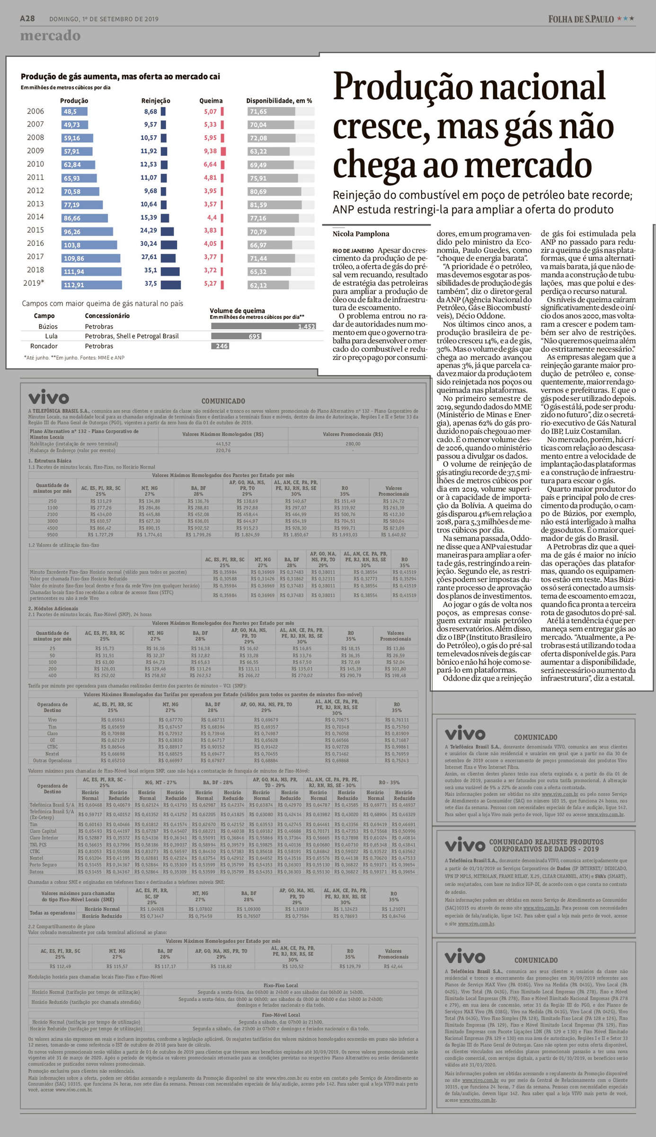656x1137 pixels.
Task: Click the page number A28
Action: (x=27, y=18)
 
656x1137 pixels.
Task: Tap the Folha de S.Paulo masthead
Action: (x=581, y=19)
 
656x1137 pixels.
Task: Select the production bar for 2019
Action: (x=92, y=285)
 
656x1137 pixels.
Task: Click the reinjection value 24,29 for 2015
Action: (x=149, y=230)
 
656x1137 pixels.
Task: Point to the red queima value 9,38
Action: (x=210, y=151)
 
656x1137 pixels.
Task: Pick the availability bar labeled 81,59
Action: (x=275, y=205)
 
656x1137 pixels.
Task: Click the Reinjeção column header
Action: (x=156, y=101)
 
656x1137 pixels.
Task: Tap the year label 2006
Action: (x=35, y=111)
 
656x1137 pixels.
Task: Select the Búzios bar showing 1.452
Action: (x=263, y=326)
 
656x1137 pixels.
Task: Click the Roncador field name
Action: (x=44, y=346)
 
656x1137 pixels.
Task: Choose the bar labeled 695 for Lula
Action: (x=236, y=336)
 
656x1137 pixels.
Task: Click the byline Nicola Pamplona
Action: (x=361, y=234)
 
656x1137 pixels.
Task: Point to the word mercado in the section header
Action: (x=50, y=36)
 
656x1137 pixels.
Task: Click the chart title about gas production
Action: (x=120, y=77)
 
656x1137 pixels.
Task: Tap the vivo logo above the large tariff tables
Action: (x=49, y=397)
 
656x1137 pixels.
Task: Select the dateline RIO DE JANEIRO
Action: (x=353, y=251)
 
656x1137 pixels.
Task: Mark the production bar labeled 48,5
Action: (x=74, y=112)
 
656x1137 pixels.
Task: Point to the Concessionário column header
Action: (x=107, y=316)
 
